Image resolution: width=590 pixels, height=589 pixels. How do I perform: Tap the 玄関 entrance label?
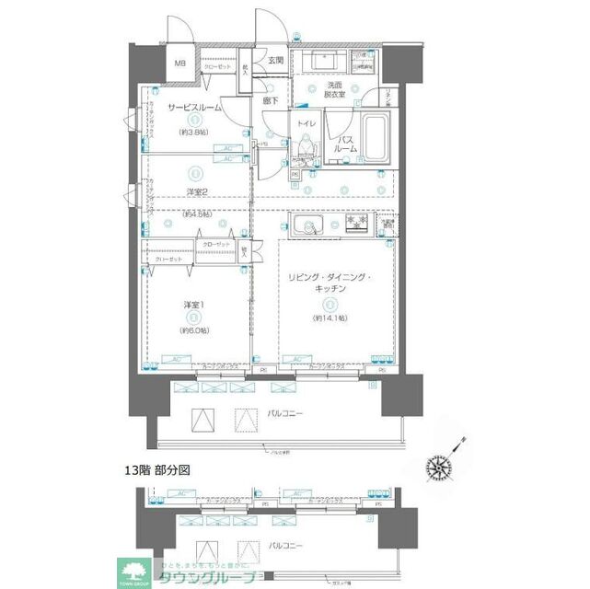[x=275, y=61]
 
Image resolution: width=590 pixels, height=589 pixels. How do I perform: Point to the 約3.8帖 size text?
[x=193, y=132]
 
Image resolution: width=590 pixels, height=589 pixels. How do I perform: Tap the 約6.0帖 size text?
[x=194, y=329]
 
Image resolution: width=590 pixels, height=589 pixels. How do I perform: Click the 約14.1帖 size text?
[x=328, y=318]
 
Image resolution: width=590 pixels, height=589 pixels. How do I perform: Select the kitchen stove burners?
[x=354, y=224]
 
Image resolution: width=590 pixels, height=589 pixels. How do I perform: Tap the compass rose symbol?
[x=440, y=468]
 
